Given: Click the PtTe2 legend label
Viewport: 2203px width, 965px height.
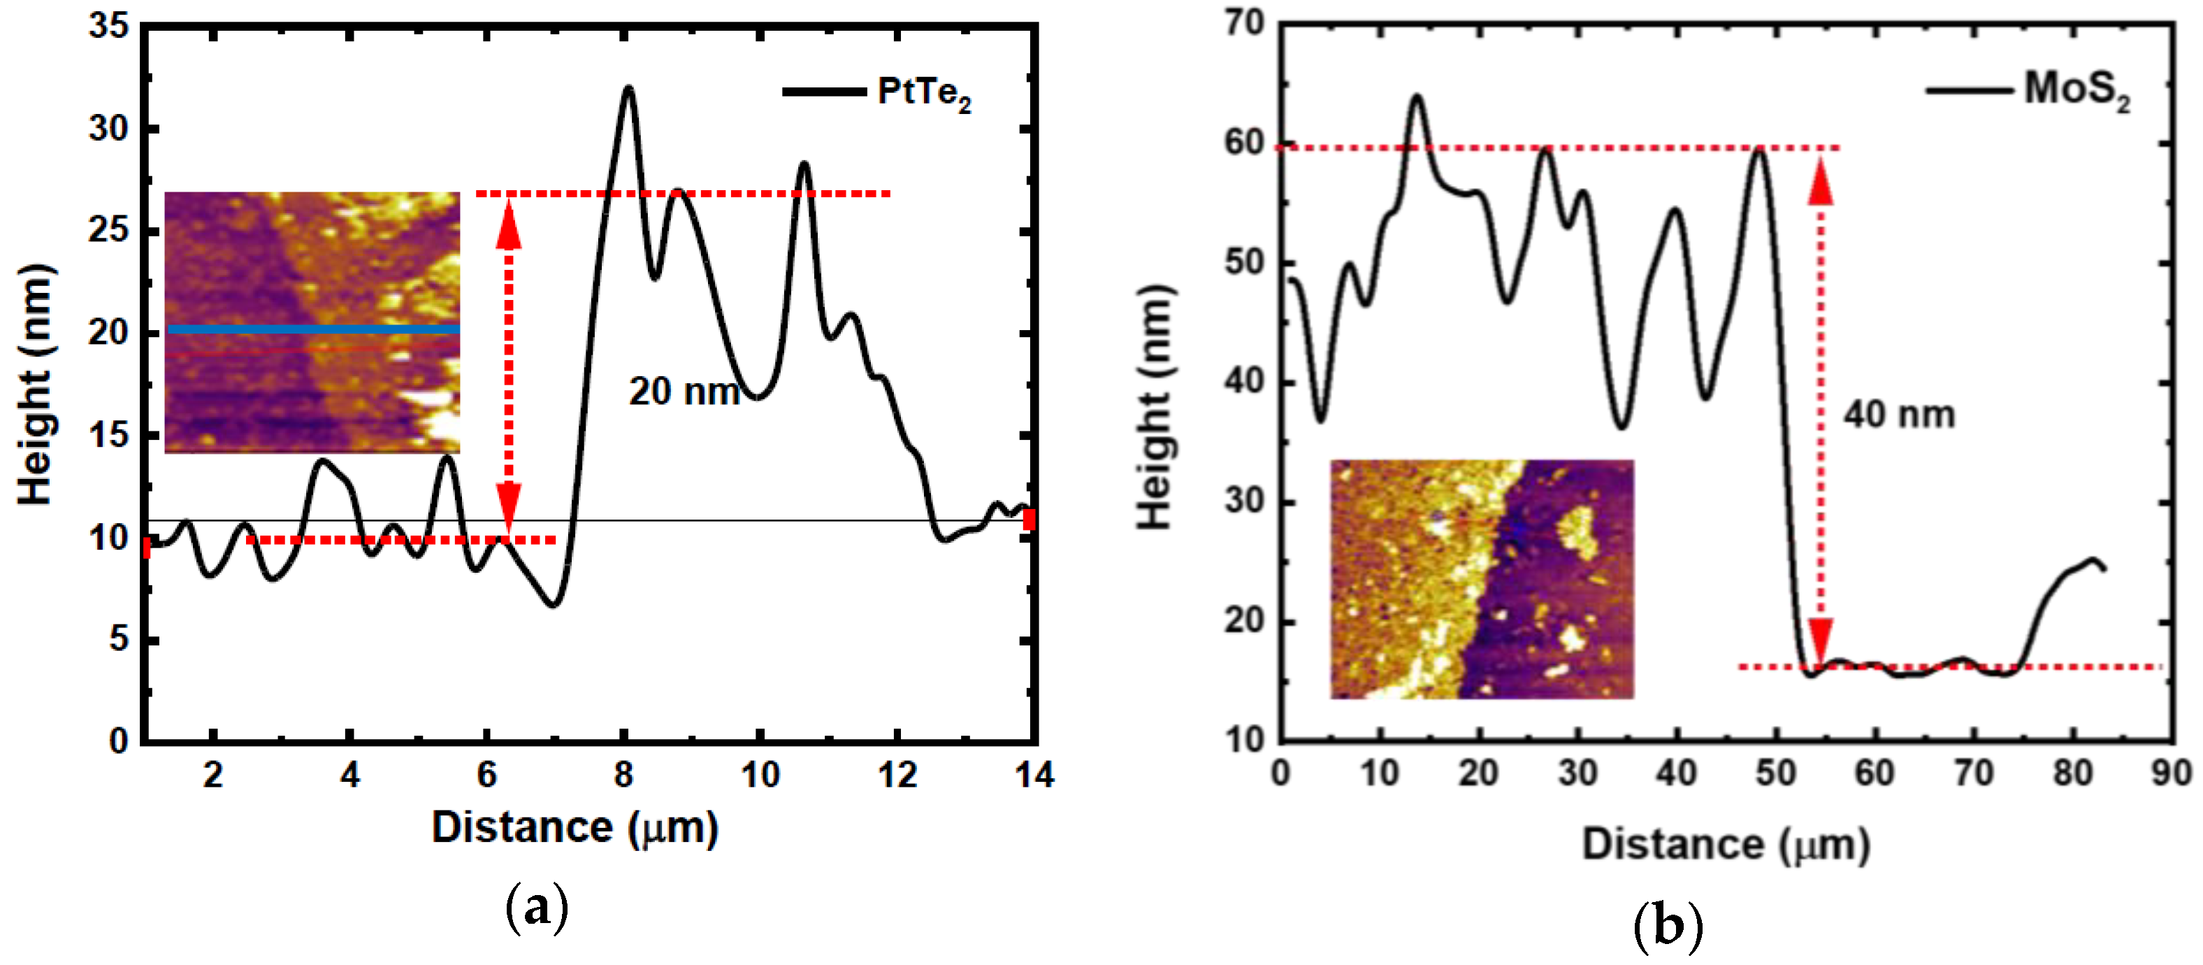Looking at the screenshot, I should [923, 92].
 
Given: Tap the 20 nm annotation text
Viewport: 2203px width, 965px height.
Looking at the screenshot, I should [684, 392].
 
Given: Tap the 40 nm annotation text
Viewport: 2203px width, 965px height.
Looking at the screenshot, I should [1898, 415].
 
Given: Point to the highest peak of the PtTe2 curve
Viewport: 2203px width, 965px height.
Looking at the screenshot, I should [628, 88].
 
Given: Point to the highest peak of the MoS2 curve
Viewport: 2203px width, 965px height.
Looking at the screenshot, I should [1417, 96].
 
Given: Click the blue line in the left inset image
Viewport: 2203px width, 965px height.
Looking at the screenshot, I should [313, 329].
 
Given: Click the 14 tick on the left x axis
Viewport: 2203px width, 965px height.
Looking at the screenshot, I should [1034, 775].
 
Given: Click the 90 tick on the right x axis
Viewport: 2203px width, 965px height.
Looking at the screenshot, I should [2172, 773].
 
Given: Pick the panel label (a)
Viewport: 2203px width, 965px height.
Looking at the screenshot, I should [536, 908].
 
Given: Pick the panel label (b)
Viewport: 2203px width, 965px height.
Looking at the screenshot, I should [1667, 927].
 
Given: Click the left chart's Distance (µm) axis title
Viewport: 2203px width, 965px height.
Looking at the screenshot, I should [575, 827].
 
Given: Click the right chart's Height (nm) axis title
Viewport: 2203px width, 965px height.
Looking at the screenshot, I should [1155, 408].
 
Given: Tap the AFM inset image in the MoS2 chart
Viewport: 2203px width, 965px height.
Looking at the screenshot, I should [1481, 579].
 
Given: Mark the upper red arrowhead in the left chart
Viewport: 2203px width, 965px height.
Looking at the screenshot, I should [509, 227].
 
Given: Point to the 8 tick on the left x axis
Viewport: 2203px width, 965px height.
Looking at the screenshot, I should [623, 775].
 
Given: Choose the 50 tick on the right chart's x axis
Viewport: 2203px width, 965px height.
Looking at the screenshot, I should [1775, 773].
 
